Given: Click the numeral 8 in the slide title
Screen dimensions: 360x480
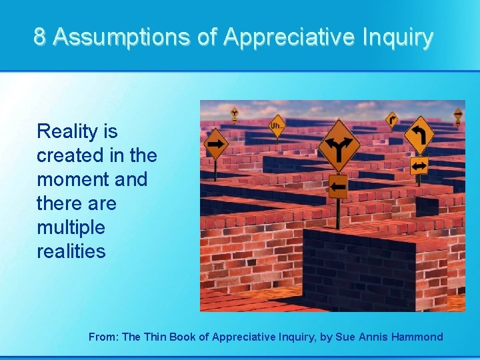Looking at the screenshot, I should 40,37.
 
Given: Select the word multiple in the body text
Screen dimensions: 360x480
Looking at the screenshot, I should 71,228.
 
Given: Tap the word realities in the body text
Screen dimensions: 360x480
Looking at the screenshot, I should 71,252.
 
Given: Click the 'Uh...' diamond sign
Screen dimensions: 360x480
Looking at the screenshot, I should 277,125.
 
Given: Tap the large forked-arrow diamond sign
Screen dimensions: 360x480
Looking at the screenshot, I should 339,145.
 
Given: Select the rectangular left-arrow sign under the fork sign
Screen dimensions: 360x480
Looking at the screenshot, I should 338,187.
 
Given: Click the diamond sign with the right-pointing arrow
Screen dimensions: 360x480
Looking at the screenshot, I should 216,143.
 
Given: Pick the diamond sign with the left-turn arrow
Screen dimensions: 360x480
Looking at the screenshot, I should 419,135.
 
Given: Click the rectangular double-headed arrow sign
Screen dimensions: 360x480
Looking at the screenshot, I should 419,165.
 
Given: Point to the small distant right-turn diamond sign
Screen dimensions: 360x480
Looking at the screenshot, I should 391,119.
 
